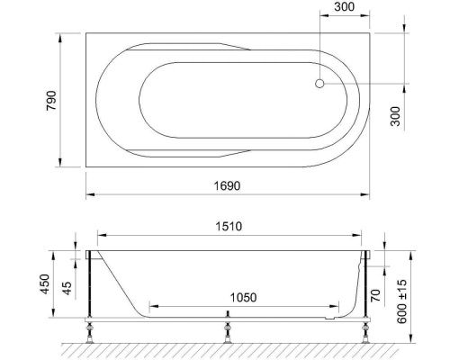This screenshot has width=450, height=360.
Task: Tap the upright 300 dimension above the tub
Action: [343, 8]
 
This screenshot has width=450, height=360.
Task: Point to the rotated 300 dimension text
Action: [397, 116]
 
